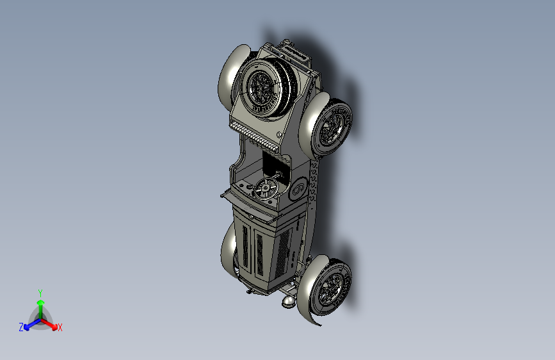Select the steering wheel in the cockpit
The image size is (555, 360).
(264, 189)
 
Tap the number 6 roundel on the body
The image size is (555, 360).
(297, 191)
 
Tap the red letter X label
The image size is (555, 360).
(60, 328)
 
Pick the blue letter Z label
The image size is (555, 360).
(21, 327)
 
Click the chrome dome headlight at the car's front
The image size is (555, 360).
(289, 298)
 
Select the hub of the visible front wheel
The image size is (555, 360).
(331, 288)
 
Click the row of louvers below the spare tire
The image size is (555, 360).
(256, 136)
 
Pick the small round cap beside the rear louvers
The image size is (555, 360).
(280, 134)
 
